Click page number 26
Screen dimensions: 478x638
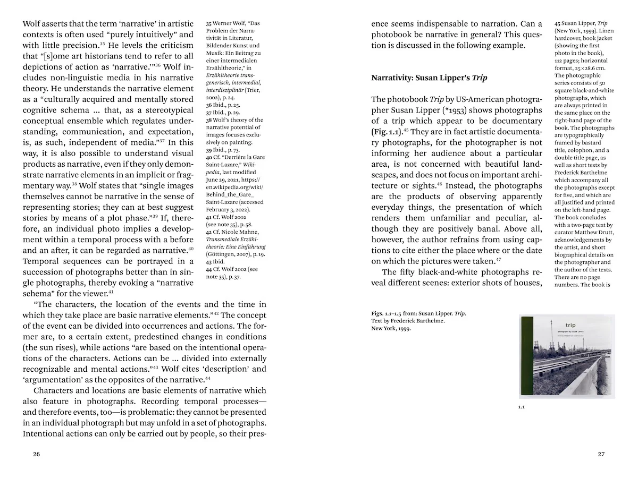[x=36, y=454]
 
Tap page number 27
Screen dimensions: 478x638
[x=601, y=454]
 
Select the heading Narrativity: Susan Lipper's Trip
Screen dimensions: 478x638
[x=429, y=78]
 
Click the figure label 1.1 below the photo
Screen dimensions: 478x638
[x=522, y=407]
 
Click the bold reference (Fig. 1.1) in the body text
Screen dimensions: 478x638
[x=387, y=132]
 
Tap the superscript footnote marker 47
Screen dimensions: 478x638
[x=498, y=259]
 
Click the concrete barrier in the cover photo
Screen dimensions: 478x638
[x=595, y=377]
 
